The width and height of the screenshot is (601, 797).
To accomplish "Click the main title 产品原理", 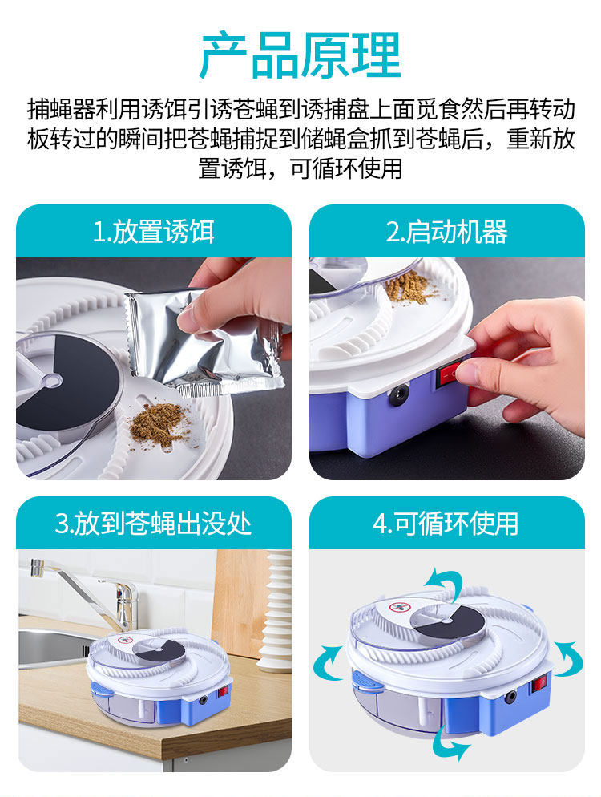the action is click(300, 55).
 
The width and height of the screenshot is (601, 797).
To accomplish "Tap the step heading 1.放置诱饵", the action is click(153, 232).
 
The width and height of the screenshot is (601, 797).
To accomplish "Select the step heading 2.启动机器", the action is click(446, 232).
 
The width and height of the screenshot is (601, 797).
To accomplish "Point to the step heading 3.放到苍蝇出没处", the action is click(153, 524).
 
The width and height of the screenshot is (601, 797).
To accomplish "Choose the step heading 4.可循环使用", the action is click(446, 524).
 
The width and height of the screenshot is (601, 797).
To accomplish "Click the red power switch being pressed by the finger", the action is click(450, 374).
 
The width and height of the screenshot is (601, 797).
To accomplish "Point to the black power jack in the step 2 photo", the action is click(399, 394).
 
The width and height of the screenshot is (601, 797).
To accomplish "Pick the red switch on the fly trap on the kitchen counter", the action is click(222, 692).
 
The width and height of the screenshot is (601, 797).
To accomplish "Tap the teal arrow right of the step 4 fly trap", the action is click(569, 659).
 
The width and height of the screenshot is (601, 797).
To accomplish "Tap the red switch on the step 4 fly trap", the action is click(541, 683).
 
